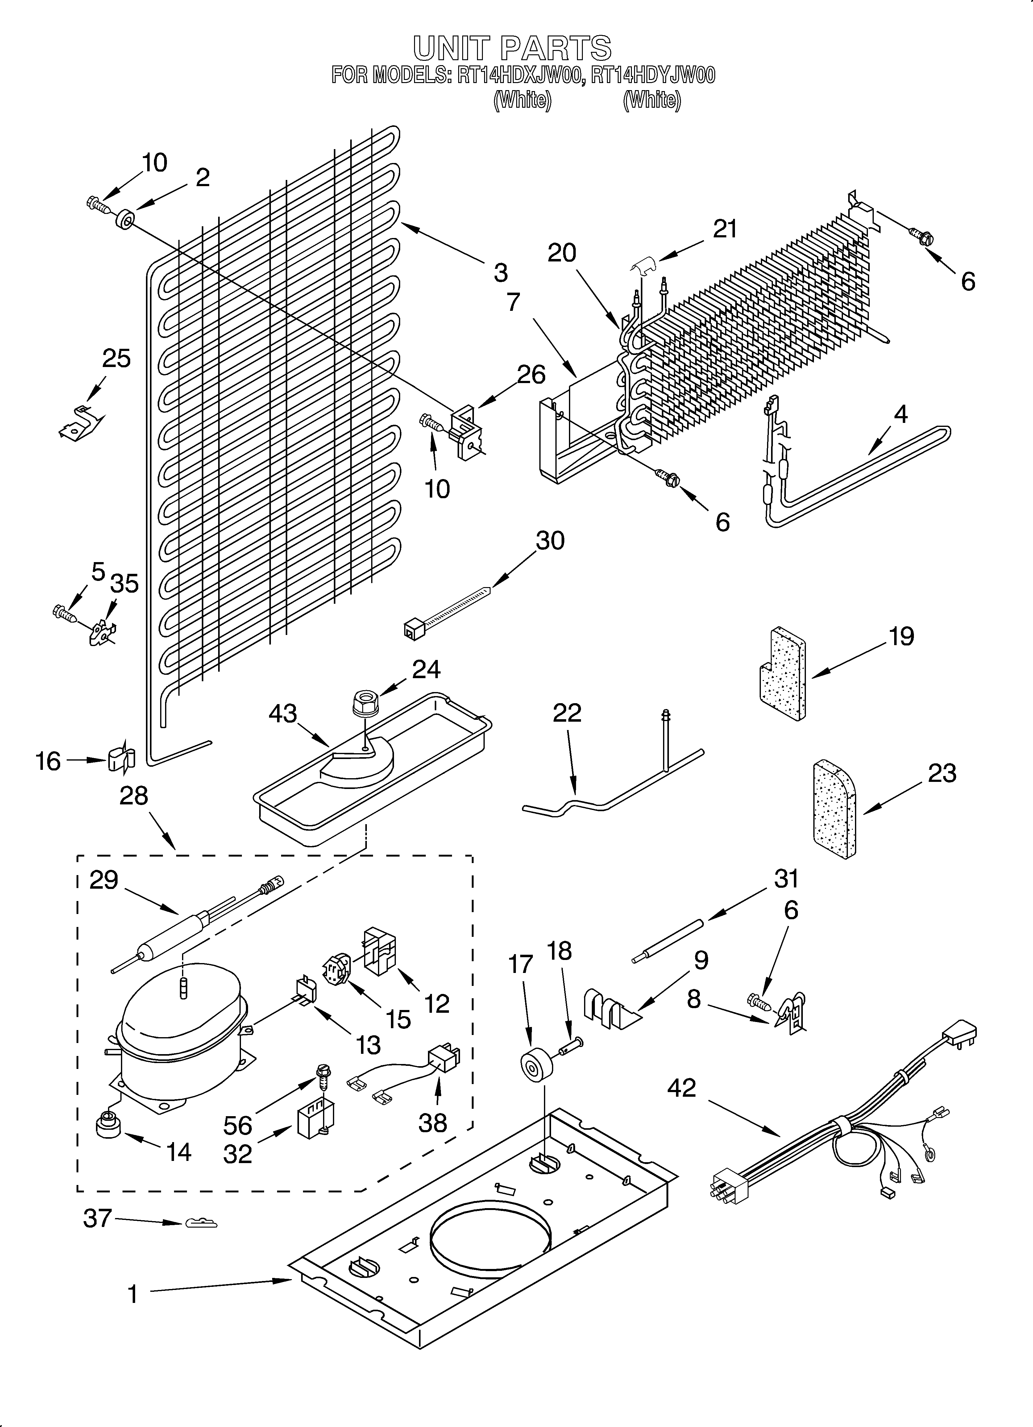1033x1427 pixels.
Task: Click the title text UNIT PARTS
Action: click(512, 48)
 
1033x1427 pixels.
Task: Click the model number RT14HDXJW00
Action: click(517, 76)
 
